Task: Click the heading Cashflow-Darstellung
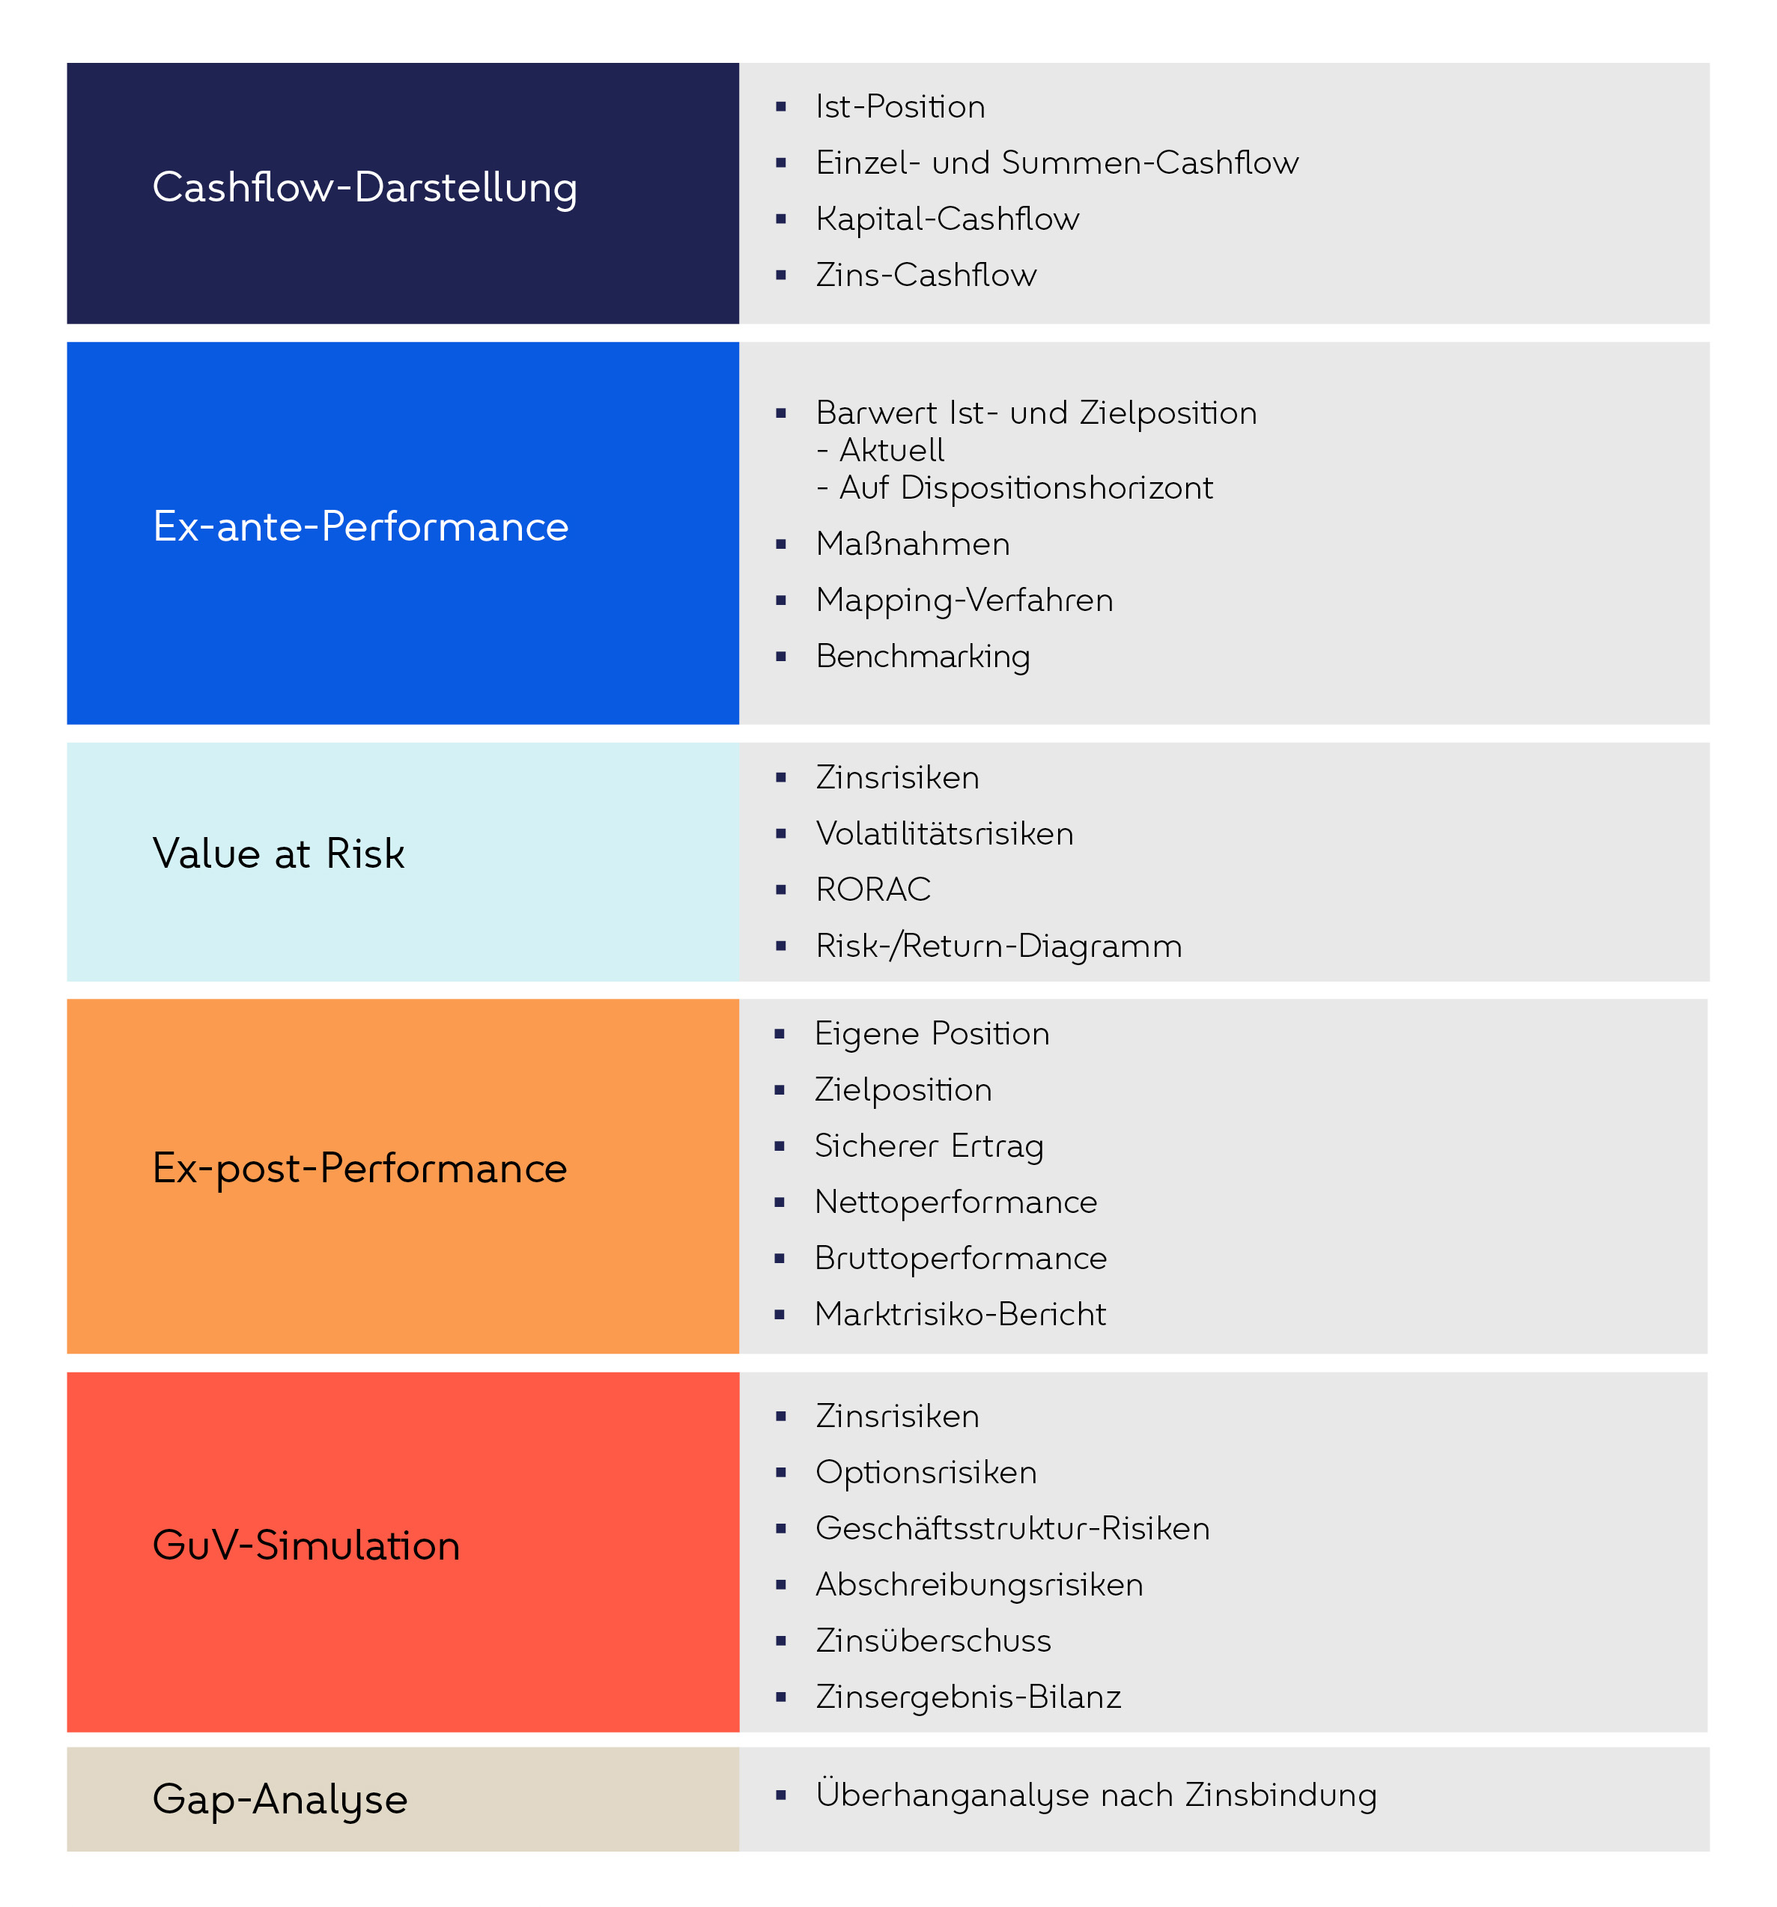[x=365, y=187]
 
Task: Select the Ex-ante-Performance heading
[x=361, y=526]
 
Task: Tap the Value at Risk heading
[x=279, y=854]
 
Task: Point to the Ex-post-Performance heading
[x=359, y=1168]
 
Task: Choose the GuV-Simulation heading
[x=306, y=1545]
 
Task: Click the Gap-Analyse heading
[x=280, y=1798]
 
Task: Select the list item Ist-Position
[x=900, y=106]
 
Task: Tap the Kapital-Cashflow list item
[x=947, y=219]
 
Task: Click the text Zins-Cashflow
[x=926, y=276]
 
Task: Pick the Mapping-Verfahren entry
[x=965, y=600]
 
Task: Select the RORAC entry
[x=873, y=889]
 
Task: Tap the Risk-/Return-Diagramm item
[x=998, y=946]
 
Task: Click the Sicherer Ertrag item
[x=929, y=1146]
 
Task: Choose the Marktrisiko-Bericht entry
[x=959, y=1314]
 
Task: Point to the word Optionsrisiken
[x=926, y=1473]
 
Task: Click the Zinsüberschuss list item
[x=932, y=1641]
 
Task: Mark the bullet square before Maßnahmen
[x=781, y=544]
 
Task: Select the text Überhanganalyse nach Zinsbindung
[x=1096, y=1795]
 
